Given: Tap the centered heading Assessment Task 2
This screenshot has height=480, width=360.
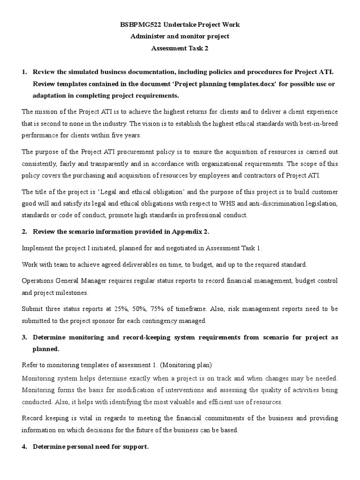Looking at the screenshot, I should tap(180, 48).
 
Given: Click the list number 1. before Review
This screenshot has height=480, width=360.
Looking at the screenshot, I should tap(25, 72).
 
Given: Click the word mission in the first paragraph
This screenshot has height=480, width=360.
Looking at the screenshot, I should tap(45, 112).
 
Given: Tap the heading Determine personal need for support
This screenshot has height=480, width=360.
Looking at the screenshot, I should tap(90, 447).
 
